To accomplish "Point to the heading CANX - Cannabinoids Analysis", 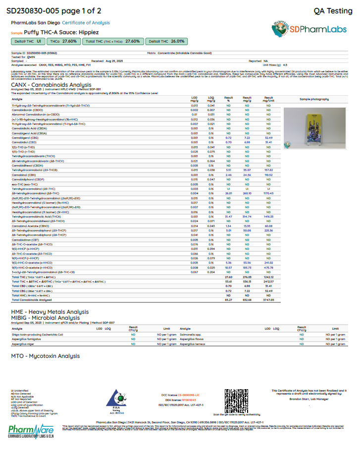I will pyautogui.click(x=51, y=85).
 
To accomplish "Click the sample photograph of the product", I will pyautogui.click(x=314, y=128).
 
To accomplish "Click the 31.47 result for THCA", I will pyautogui.click(x=228, y=216).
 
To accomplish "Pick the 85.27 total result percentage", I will pyautogui.click(x=228, y=299).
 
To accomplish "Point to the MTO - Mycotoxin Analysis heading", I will pyautogui.click(x=45, y=356).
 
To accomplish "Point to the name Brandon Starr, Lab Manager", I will pyautogui.click(x=309, y=399).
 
